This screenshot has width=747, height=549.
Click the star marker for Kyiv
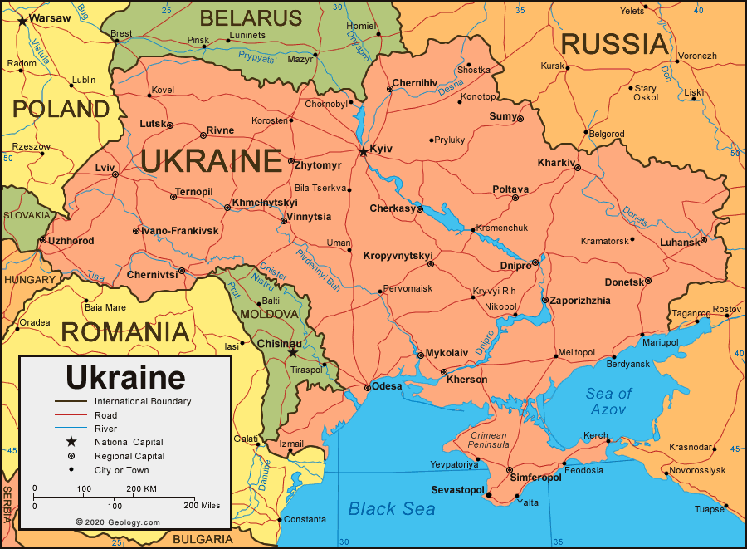pos(363,152)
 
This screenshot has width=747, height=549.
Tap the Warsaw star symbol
pos(22,18)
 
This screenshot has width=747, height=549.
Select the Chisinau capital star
pos(292,352)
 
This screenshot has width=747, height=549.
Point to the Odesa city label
pos(387,386)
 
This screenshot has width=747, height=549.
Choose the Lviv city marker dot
pos(115,174)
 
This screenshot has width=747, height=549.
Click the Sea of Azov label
pos(608,401)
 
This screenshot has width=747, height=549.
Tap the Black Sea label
pos(391,508)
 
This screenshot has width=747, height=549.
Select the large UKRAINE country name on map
pos(212,161)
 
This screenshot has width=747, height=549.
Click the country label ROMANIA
pos(124,332)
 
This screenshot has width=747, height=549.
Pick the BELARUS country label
pos(251,17)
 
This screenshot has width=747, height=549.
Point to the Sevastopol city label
pos(457,491)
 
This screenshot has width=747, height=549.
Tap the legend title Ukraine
pos(125,377)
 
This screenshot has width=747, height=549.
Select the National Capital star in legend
pos(71,442)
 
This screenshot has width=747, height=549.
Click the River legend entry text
pos(105,429)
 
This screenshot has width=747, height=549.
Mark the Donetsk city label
pos(624,282)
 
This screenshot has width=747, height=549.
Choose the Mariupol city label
pos(661,342)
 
